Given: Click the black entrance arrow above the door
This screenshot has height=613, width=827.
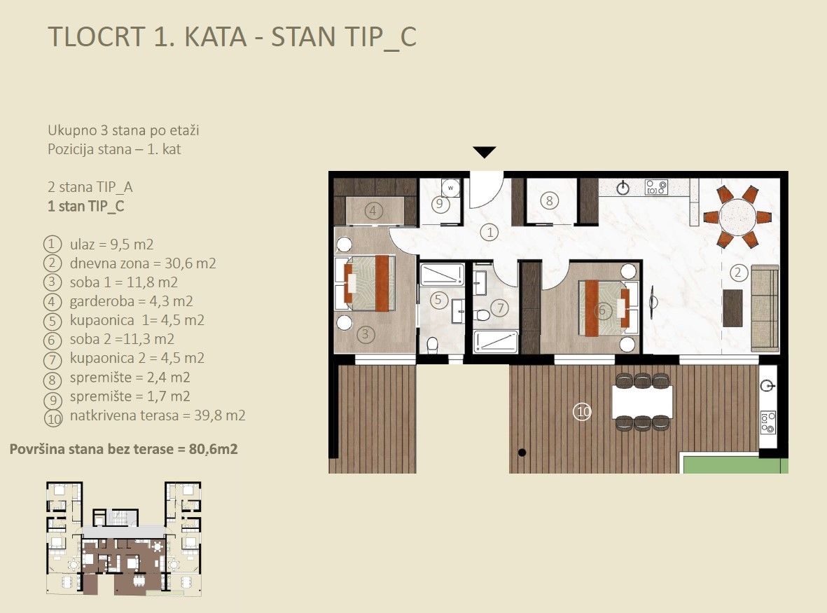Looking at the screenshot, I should point(485,152).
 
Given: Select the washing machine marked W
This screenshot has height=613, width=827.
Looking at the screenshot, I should point(452,188).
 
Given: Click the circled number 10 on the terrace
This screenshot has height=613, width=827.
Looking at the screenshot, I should point(582,412).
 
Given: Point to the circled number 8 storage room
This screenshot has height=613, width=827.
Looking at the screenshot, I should point(550,201).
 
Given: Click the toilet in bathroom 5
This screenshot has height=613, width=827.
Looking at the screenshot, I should point(433,344).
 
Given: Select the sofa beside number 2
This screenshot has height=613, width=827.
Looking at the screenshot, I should point(764,308).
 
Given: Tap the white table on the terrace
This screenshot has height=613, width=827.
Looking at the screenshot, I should point(642,401).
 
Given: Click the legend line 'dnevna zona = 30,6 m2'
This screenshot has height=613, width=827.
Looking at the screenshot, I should point(142,264).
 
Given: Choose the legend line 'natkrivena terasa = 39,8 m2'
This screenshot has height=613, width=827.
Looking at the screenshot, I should point(157,415).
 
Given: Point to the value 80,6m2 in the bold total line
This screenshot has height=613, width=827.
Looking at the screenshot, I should point(213,449).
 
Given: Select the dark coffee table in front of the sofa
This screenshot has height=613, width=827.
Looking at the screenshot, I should point(732,308).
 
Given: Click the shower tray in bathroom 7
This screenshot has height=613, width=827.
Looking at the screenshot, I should point(496,341).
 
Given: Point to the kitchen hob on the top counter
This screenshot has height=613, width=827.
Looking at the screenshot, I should point(656,188).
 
